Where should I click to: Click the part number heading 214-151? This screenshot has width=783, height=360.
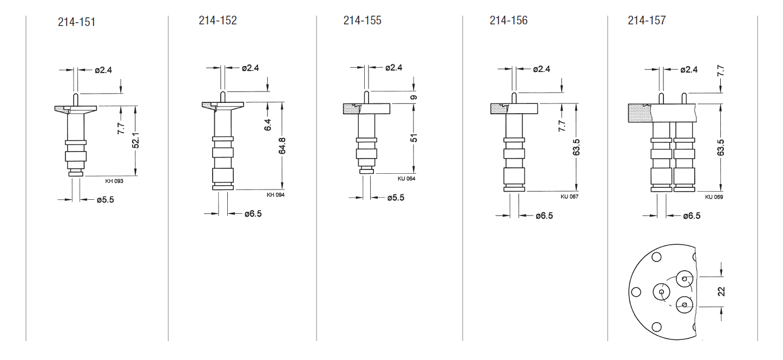(76, 22)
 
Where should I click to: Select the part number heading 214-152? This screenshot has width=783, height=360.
(218, 21)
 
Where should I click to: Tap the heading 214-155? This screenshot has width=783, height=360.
(362, 21)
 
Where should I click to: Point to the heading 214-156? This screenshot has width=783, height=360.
(508, 21)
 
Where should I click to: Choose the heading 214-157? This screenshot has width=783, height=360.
(647, 21)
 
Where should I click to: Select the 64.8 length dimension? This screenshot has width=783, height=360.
(282, 146)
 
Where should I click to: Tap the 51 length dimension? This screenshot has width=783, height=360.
(414, 138)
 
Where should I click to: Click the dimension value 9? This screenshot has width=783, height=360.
(414, 97)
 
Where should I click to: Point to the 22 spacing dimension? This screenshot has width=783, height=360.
(721, 291)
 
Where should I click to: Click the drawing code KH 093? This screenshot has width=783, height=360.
(114, 181)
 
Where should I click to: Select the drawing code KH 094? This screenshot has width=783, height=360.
(275, 195)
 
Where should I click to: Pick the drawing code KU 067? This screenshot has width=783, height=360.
(569, 197)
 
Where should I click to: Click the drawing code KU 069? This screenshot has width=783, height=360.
(714, 197)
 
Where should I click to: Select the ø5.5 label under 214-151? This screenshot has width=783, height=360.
(105, 200)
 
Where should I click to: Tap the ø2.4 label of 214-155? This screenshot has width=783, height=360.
(394, 68)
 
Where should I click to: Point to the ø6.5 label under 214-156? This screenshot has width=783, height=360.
(544, 216)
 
